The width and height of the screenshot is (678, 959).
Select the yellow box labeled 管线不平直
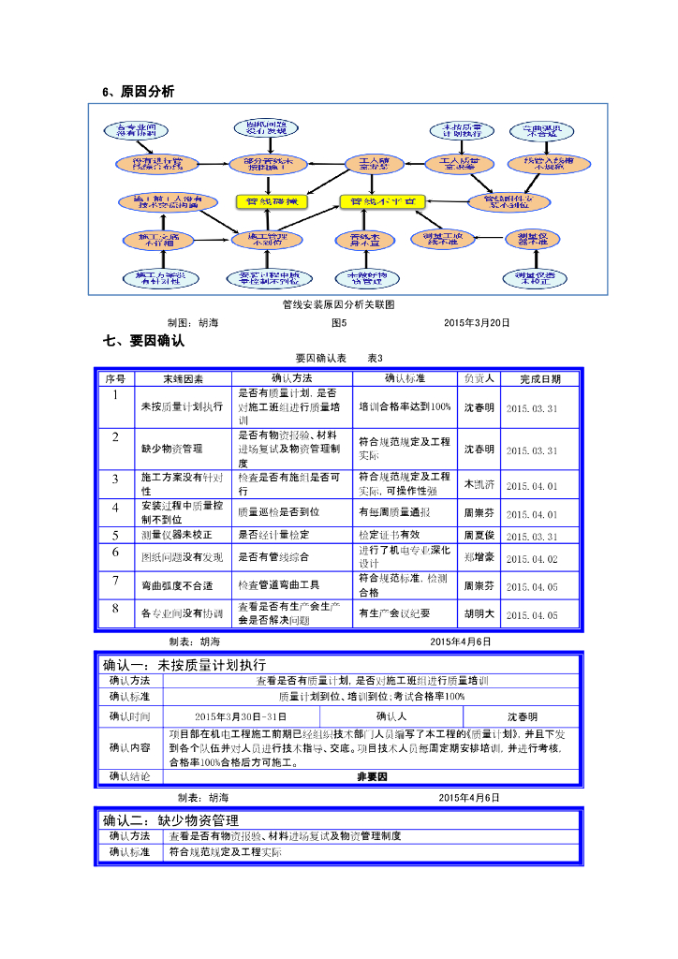(382, 201)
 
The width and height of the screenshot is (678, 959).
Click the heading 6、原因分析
(138, 91)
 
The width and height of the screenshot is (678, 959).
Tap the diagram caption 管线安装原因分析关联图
(338, 304)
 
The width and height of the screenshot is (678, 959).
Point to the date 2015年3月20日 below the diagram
(477, 323)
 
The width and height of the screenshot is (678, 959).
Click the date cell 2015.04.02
(531, 559)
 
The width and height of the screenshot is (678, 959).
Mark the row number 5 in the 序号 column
(115, 535)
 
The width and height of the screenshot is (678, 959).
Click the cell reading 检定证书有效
(390, 536)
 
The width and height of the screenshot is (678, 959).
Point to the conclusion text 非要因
(372, 777)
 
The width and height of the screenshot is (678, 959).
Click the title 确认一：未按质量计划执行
(178, 665)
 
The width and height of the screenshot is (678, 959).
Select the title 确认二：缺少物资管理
(170, 819)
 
